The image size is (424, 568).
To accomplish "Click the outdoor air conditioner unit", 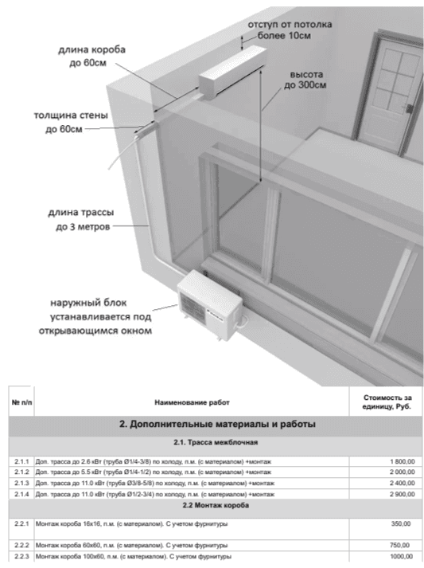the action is coord(209,304).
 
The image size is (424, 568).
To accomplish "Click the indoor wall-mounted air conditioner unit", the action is coord(232,72).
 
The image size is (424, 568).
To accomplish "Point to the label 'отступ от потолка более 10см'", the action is coord(290,30).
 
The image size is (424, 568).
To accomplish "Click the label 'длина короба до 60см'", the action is coord(92,56).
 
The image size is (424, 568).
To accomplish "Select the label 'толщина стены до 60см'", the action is coord(71,122).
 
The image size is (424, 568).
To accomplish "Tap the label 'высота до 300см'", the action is coord(305,80).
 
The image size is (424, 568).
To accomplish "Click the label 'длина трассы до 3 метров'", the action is coord(81,220).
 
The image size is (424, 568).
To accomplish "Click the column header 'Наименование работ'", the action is coord(192,402).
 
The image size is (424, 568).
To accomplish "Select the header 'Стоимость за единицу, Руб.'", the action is coord(387,402).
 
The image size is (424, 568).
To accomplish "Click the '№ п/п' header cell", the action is coord(21,402).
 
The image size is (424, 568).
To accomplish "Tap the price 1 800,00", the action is coord(403,461).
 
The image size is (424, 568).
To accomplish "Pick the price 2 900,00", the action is coord(403,494).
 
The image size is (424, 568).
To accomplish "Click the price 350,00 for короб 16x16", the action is coord(401,524).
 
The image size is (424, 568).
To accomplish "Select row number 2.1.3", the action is coord(21,484).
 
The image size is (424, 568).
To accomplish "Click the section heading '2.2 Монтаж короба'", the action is coord(216,505).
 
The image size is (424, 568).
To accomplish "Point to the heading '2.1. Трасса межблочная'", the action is coord(216,442).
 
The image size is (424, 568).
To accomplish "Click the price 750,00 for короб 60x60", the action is coord(400,545).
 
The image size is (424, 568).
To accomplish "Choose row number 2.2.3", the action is coord(21,556).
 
